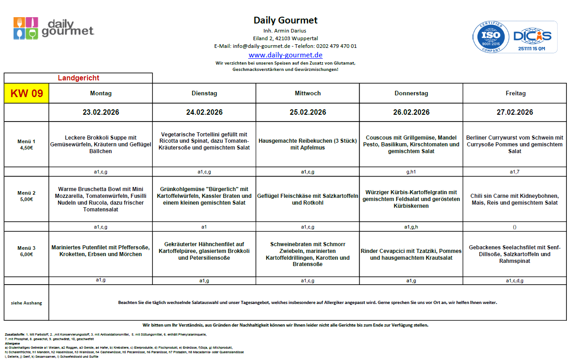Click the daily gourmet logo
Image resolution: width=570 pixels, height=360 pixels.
pos(53,28)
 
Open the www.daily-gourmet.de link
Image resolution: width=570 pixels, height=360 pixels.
pos(285,55)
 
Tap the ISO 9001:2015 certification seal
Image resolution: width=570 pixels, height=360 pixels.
pos(489,37)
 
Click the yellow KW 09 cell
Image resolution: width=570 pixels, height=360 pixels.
pos(27,94)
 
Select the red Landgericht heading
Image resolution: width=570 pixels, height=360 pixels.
pos(79,78)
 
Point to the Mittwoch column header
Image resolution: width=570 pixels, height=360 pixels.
pos(308,94)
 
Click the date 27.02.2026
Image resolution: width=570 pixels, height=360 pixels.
pos(514,112)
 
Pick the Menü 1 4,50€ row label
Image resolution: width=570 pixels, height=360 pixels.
pos(27,144)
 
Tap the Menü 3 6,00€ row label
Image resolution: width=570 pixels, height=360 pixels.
pos(27,251)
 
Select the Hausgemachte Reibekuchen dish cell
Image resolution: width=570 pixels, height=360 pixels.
pos(308,144)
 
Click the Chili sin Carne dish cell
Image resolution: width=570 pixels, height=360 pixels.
pos(514,199)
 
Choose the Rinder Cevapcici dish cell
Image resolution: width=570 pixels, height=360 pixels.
pos(411,254)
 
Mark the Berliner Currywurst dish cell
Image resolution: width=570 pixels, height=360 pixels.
pos(514,144)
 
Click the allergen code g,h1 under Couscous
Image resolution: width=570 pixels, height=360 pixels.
pos(411,172)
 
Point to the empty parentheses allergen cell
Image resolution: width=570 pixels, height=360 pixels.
pos(514,227)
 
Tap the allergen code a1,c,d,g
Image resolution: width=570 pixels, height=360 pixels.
pos(514,281)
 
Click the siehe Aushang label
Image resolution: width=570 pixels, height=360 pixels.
pos(27,303)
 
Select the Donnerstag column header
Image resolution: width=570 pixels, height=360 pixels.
pos(411,94)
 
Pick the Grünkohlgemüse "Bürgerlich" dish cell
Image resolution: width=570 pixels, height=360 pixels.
pos(204,196)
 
